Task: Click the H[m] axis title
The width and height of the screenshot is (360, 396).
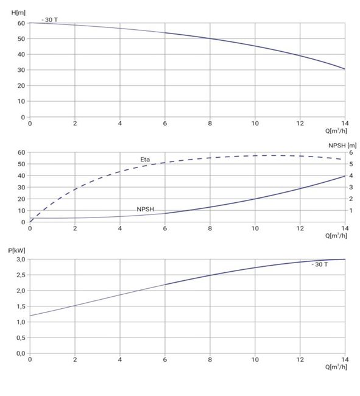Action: click(x=18, y=12)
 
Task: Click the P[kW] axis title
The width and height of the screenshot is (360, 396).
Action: click(x=16, y=250)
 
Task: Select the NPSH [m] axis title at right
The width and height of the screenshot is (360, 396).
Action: click(x=342, y=146)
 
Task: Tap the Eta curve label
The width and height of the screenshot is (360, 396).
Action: click(x=145, y=160)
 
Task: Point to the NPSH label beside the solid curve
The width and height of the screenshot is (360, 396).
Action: click(x=146, y=209)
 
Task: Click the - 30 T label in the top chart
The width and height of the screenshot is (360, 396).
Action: click(x=50, y=19)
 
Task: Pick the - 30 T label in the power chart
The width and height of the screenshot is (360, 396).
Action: click(x=320, y=264)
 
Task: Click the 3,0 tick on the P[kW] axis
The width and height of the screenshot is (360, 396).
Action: click(x=21, y=260)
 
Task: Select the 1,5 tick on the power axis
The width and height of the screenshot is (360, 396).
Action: click(x=21, y=306)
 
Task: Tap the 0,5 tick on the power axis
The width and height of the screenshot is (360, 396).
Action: click(x=21, y=338)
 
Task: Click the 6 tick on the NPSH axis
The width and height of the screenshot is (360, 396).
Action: click(x=351, y=152)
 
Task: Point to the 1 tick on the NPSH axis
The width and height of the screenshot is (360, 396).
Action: click(x=351, y=210)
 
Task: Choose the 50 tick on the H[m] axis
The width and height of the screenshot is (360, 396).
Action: click(x=21, y=38)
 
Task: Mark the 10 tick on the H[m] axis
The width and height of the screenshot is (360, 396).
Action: click(x=21, y=101)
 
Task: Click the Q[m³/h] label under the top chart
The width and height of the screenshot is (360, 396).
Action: click(x=336, y=130)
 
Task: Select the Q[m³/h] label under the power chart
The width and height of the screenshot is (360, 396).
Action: click(x=336, y=367)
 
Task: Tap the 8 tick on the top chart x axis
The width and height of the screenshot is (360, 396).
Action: click(x=210, y=123)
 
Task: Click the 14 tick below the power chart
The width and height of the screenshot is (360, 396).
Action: click(x=345, y=359)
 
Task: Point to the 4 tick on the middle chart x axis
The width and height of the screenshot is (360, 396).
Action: click(x=120, y=228)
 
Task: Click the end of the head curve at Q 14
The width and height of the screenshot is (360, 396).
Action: click(x=345, y=69)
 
